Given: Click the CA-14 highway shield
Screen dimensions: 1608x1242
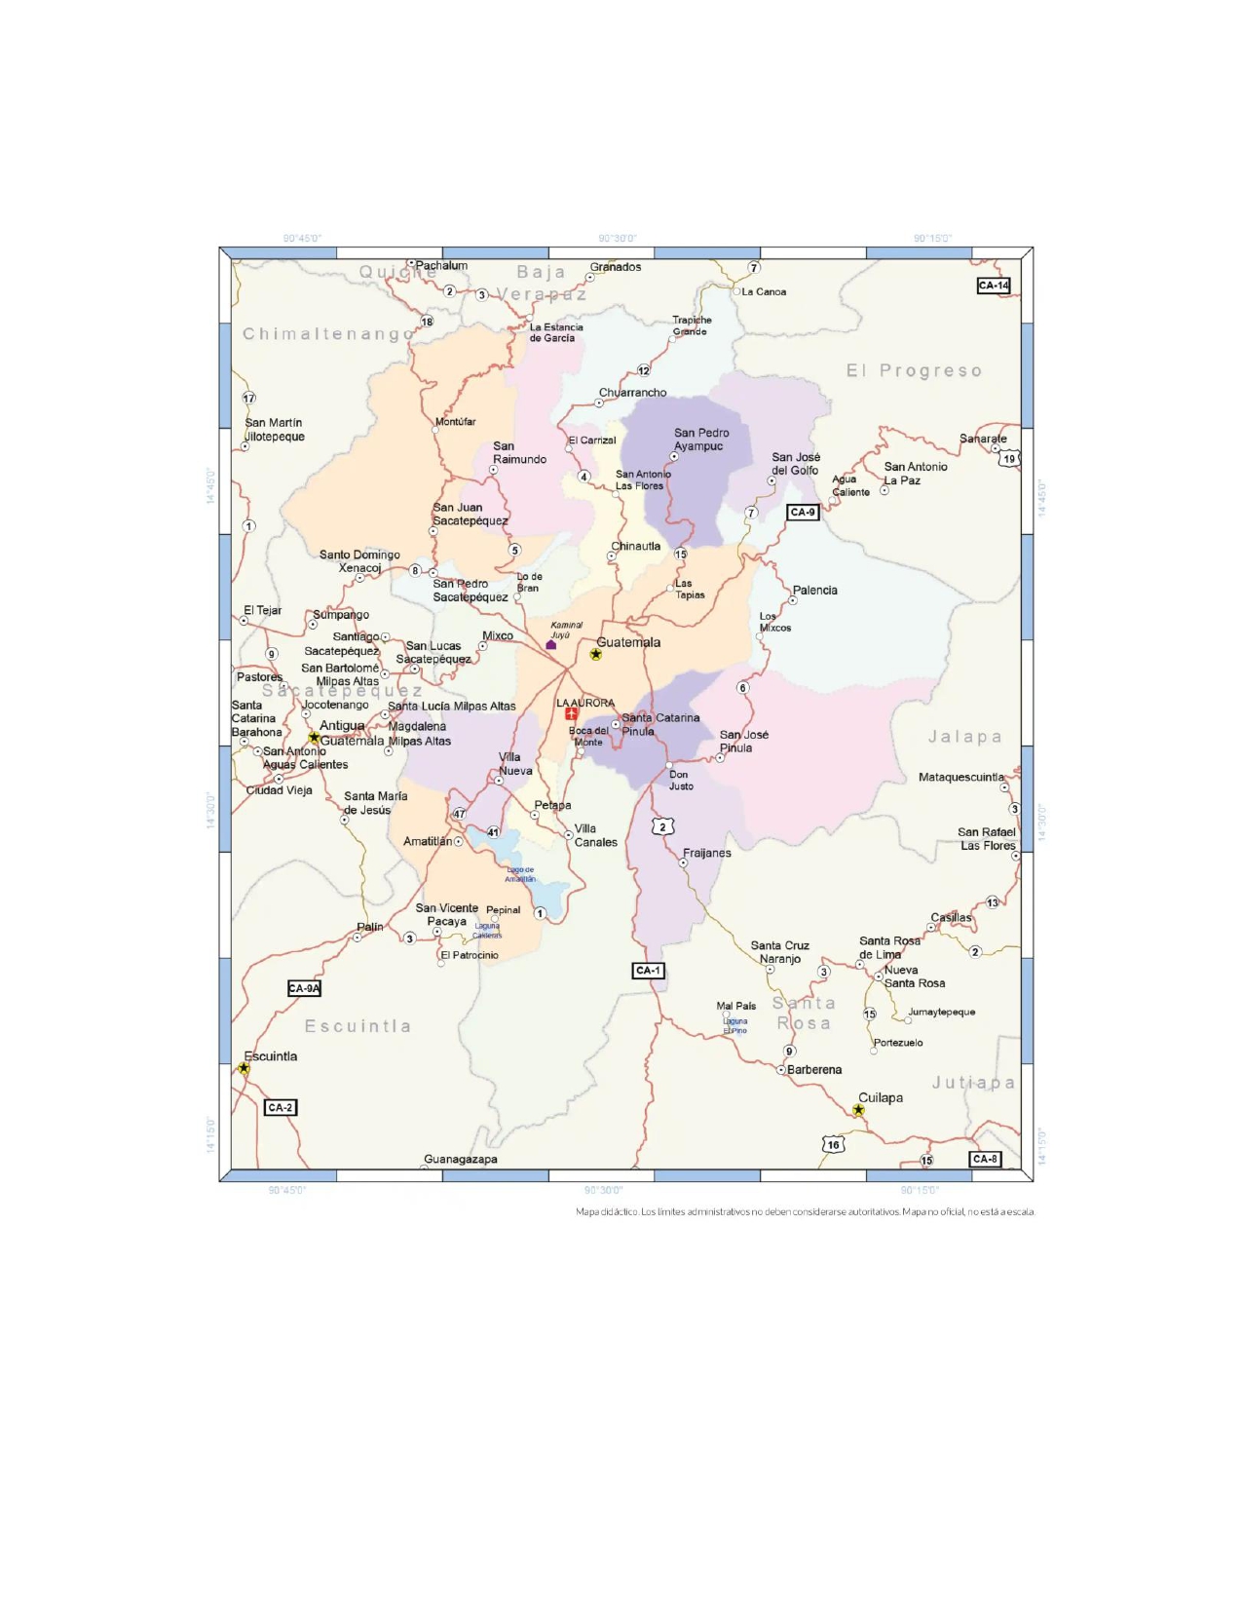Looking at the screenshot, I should pos(993,286).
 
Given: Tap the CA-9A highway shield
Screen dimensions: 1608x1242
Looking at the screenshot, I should pos(304,988).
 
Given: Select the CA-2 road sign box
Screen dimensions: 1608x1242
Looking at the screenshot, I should pos(280,1108).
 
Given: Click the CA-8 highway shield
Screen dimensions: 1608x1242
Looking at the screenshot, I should pos(984,1159).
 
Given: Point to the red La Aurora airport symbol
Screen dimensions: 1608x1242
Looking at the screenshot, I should pos(572,714).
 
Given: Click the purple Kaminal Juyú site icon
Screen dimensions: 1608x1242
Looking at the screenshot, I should pos(551,644).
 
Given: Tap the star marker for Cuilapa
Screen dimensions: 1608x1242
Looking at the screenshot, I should pos(858,1110).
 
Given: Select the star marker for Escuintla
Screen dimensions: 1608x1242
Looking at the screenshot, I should pos(244,1069).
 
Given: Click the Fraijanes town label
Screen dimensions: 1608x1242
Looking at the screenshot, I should pos(706,853).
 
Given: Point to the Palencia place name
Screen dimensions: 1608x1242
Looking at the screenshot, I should pos(814,591).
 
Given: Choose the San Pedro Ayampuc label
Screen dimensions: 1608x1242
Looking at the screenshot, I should pos(700,440).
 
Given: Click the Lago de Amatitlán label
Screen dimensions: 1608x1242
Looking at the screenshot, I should pos(520,874).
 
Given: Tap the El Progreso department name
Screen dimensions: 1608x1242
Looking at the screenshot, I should pos(913,370).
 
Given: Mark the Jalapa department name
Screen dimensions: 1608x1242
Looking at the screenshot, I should pos(963,737).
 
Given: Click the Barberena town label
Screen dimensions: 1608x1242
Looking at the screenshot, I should pos(813,1070).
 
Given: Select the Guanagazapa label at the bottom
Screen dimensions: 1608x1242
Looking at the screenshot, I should pos(461,1159).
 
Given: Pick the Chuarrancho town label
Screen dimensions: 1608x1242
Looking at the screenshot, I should pos(632,393).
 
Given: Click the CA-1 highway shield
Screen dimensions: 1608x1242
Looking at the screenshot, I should pos(648,971).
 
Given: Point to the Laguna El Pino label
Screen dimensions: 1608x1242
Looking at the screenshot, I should pos(734,1025).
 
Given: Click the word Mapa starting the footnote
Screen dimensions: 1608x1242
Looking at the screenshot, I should pos(588,1212).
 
